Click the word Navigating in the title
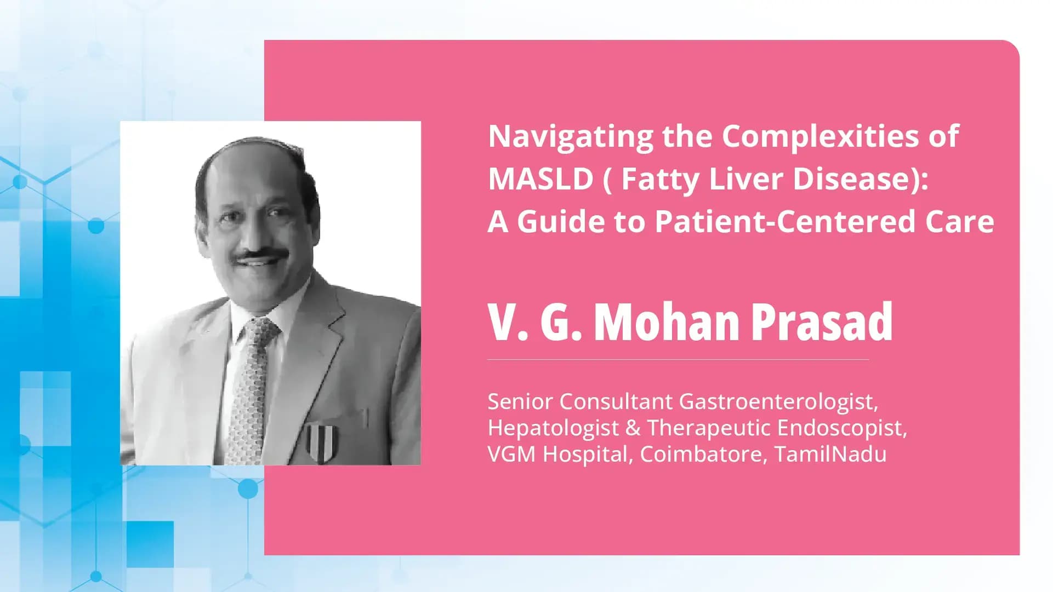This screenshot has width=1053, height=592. (570, 137)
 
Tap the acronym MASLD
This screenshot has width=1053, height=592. (540, 179)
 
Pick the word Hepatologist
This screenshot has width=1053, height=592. (553, 428)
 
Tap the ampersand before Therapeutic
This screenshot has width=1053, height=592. (633, 428)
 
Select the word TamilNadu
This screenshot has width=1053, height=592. (830, 455)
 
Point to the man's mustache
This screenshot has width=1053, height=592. (261, 255)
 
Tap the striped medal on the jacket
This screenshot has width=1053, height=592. (321, 441)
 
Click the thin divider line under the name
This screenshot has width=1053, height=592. (678, 360)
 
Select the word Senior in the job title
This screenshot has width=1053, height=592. (520, 402)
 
